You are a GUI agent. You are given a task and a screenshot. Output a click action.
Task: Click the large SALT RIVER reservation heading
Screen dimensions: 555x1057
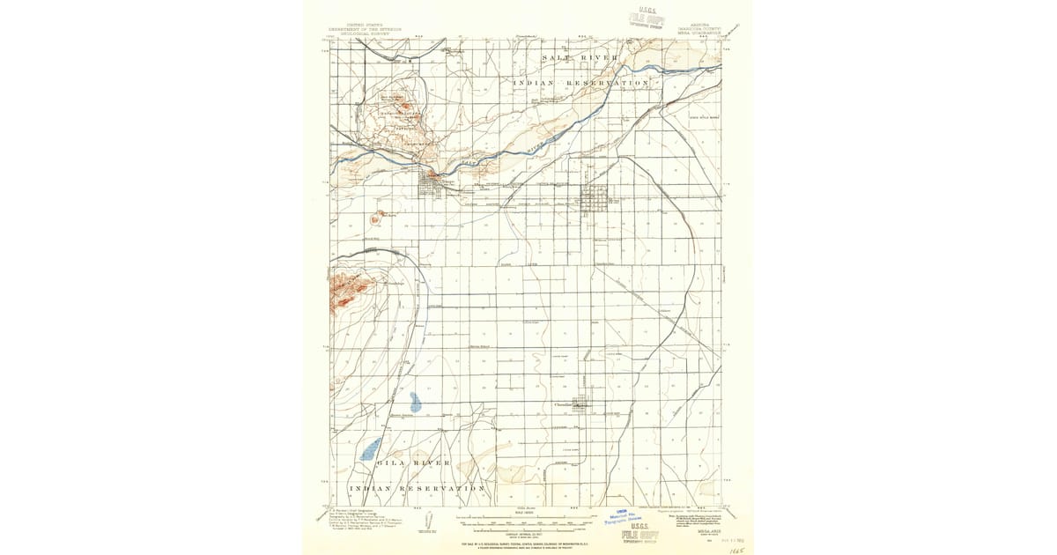[x=573, y=57]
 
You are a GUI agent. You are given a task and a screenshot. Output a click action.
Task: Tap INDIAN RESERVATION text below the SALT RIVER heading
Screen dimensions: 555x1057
[x=581, y=82]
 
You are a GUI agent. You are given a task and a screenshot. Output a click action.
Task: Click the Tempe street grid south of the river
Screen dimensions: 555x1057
[x=432, y=183]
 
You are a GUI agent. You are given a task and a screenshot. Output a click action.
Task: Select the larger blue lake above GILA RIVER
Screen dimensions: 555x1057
[x=371, y=448]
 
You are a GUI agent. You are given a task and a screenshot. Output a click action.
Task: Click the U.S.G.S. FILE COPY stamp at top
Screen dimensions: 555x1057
[x=646, y=19]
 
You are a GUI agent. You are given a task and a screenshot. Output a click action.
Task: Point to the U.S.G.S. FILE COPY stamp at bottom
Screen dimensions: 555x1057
[x=641, y=535]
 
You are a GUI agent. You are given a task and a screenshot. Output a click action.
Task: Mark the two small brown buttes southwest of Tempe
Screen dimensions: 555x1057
[x=380, y=215]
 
